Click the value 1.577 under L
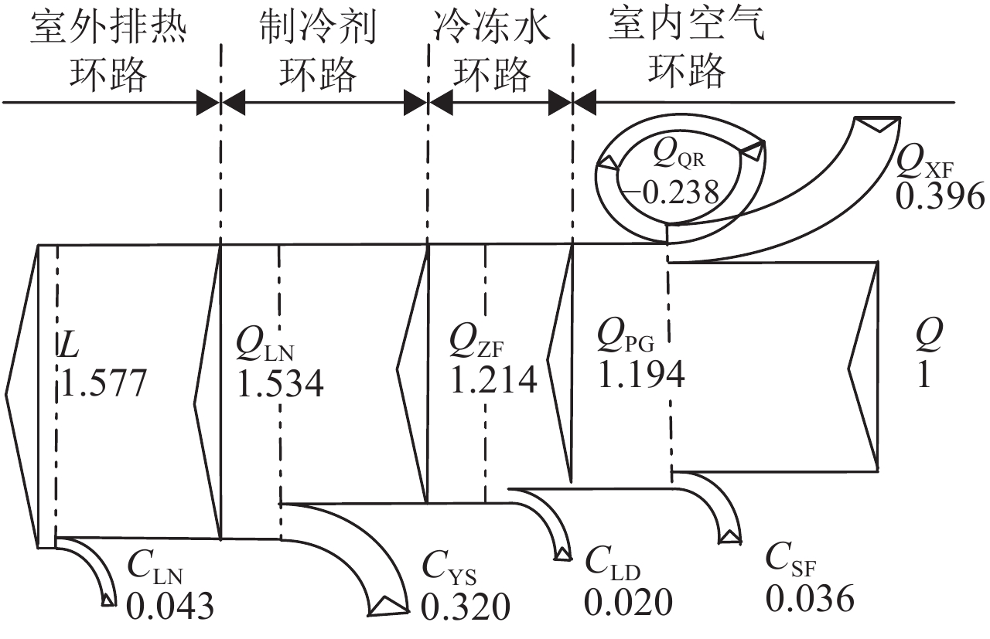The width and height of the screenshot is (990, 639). click(x=103, y=382)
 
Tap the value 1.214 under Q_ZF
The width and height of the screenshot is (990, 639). click(x=493, y=379)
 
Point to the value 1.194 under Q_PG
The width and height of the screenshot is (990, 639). click(x=641, y=373)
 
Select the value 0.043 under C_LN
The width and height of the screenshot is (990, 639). click(x=169, y=607)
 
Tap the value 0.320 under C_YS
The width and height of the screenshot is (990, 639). click(x=466, y=607)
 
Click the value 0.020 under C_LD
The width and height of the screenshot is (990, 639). click(x=628, y=602)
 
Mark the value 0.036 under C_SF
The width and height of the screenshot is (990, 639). click(x=810, y=599)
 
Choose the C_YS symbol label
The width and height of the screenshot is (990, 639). click(x=449, y=573)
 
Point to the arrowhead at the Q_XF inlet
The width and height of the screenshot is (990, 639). click(x=878, y=124)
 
